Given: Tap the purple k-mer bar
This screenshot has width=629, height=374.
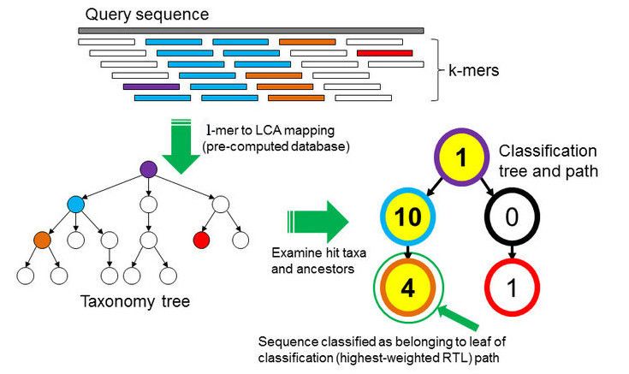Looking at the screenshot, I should click(x=151, y=86).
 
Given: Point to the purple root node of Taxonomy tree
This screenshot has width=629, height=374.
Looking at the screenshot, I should click(x=149, y=169).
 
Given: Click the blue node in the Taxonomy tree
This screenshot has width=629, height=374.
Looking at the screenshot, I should click(x=75, y=205).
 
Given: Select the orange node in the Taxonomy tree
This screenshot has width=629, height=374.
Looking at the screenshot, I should click(x=43, y=239).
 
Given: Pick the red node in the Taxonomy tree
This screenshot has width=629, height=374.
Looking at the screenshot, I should click(x=204, y=239).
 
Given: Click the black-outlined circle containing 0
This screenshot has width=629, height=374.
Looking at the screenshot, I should click(x=511, y=219).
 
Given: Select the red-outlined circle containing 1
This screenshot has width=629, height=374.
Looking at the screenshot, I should click(x=511, y=288).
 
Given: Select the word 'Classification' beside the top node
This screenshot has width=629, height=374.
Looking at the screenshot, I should click(x=548, y=151).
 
